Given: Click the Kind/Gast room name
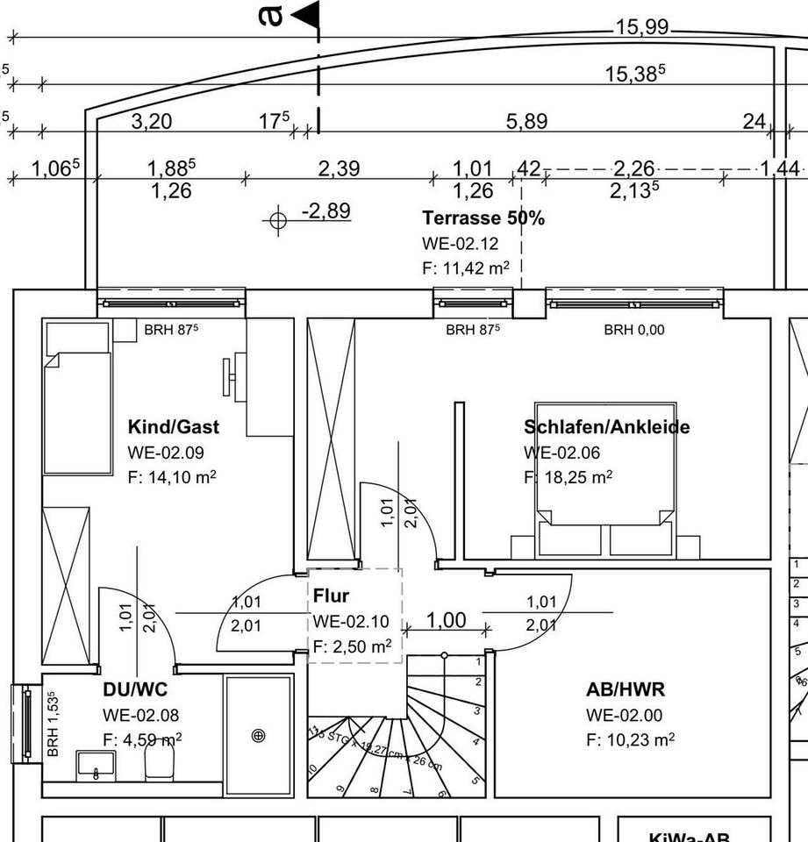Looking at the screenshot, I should (x=174, y=427).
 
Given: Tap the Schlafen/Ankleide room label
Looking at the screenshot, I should (x=606, y=427).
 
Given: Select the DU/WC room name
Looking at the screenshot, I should (x=134, y=690).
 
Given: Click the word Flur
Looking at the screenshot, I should (x=331, y=596).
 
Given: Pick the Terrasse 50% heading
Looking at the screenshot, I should (x=483, y=218).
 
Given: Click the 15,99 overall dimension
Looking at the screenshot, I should (x=641, y=28).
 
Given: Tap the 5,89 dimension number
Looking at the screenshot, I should (x=526, y=121).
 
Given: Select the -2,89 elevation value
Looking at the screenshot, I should (x=325, y=210).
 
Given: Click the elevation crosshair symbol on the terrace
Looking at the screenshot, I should (x=277, y=219).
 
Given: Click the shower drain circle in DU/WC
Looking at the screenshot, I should (x=258, y=736).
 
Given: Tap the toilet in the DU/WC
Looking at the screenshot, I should (x=159, y=765).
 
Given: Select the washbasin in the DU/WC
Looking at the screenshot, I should (x=91, y=764).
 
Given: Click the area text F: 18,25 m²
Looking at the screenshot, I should (x=568, y=477).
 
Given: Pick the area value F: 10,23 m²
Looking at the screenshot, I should (x=630, y=739).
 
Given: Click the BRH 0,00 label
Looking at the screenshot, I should (x=633, y=330).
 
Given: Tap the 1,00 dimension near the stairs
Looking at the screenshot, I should (x=446, y=620).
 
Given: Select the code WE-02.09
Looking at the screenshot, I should (x=165, y=453).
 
